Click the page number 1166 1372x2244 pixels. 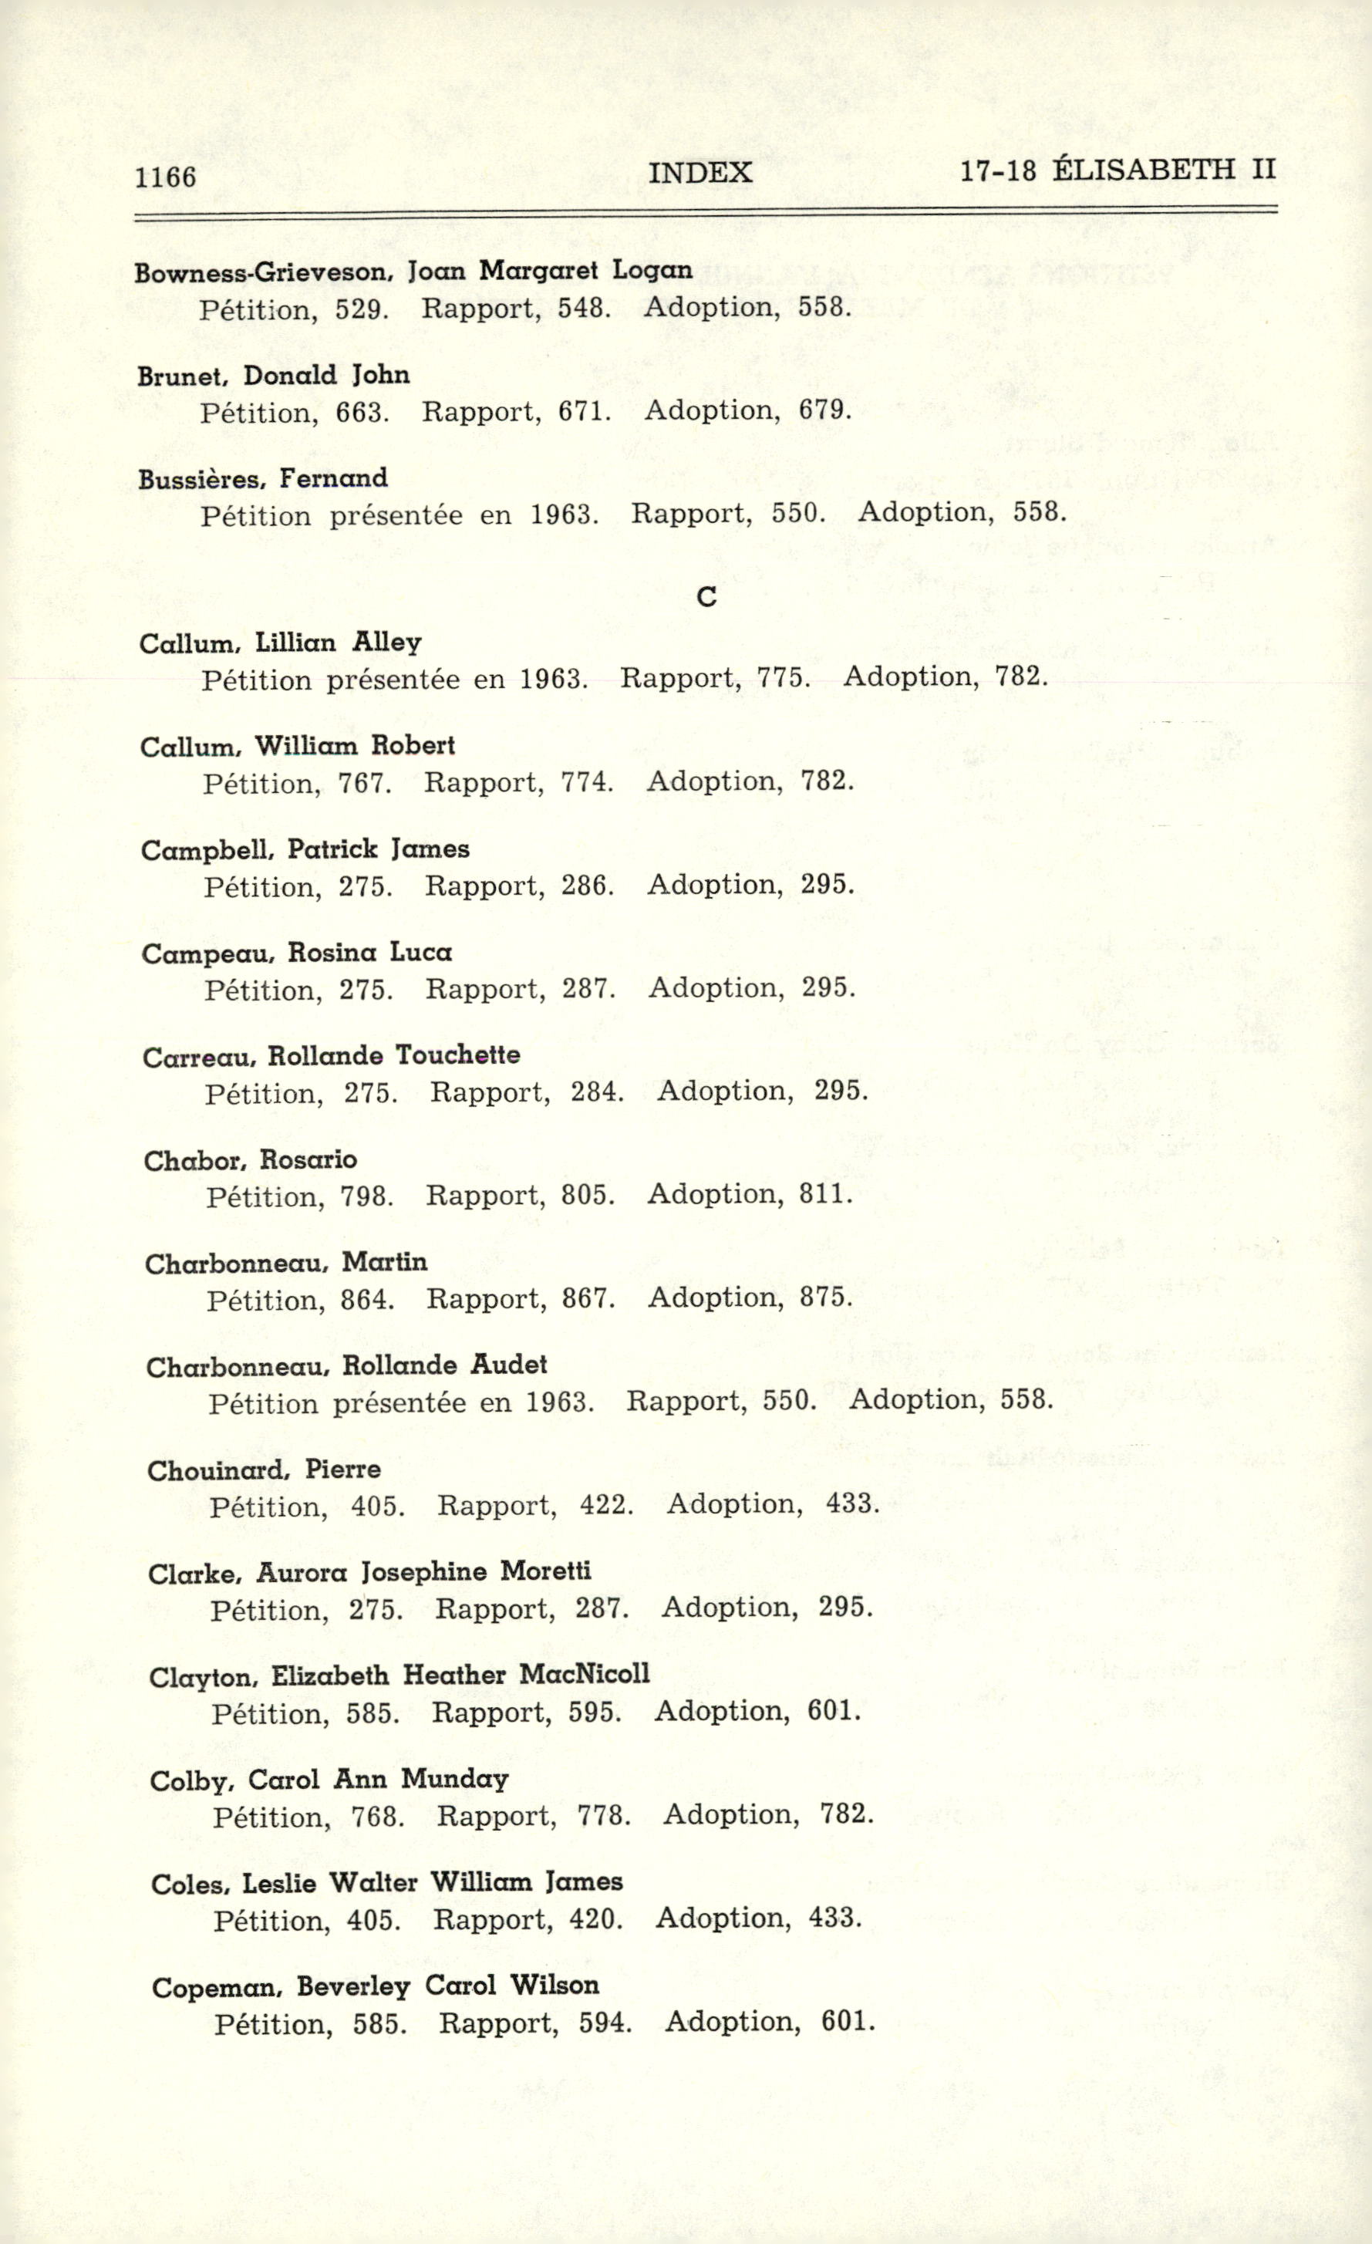[x=165, y=177]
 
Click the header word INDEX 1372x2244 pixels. [x=699, y=172]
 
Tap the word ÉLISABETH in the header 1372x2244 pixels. [x=1144, y=170]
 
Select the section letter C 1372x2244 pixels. [x=706, y=597]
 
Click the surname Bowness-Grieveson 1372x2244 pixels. [x=259, y=272]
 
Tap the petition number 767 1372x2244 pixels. [x=364, y=783]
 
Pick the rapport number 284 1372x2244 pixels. [x=596, y=1092]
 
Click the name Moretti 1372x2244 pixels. [x=545, y=1572]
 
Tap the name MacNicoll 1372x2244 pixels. [x=585, y=1675]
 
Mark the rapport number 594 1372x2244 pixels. [x=605, y=2023]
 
